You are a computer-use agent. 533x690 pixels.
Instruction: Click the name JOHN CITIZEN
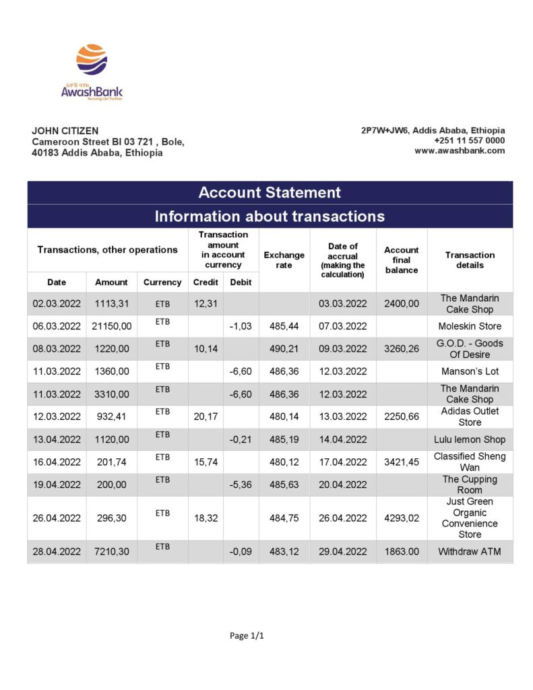click(x=65, y=131)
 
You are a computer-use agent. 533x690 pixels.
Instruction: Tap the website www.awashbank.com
click(x=460, y=150)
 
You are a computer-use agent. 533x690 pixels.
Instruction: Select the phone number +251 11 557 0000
click(x=469, y=140)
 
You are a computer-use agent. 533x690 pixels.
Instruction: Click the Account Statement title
click(x=270, y=193)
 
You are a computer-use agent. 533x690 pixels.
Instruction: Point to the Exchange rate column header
click(x=284, y=260)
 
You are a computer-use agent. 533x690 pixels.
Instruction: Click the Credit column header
click(x=206, y=282)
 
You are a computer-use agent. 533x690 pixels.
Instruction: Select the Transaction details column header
click(x=470, y=260)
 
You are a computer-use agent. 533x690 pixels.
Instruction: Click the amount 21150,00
click(x=111, y=326)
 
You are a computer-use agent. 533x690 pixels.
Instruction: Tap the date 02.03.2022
click(x=57, y=304)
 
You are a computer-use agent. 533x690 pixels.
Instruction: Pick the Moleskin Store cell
click(x=470, y=326)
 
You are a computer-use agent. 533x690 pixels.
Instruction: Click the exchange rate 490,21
click(x=284, y=349)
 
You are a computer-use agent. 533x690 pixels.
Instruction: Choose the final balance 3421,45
click(x=402, y=462)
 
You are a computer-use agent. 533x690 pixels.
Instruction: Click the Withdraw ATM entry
click(x=470, y=552)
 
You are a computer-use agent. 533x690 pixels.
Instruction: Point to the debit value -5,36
click(x=241, y=484)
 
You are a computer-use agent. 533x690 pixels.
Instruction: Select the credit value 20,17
click(x=206, y=416)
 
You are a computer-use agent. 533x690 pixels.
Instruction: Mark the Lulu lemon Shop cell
click(x=470, y=439)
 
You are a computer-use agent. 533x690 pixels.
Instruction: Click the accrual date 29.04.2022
click(x=343, y=552)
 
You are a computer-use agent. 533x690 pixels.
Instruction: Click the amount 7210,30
click(x=111, y=552)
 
